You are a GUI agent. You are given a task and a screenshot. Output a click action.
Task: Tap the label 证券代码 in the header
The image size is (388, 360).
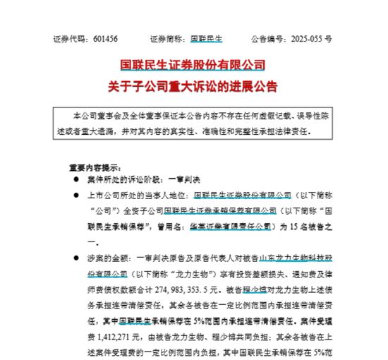point(68,40)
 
